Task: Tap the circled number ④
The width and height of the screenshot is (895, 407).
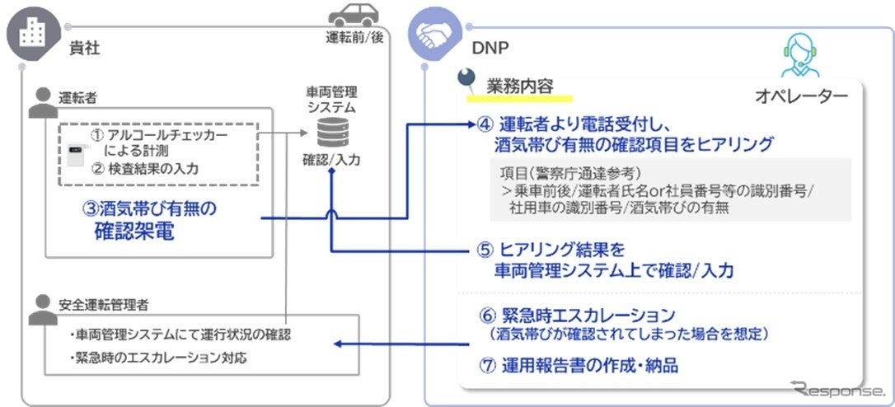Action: pyautogui.click(x=485, y=124)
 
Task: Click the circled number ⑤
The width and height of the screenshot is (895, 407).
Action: pyautogui.click(x=485, y=249)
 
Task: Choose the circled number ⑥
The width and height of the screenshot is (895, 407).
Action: pyautogui.click(x=485, y=316)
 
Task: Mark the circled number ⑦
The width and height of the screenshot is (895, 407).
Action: pyautogui.click(x=485, y=365)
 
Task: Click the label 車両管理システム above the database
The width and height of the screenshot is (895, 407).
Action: pyautogui.click(x=331, y=99)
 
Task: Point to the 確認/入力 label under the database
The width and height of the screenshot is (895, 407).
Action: pyautogui.click(x=331, y=161)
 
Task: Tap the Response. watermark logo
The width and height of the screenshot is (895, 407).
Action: pyautogui.click(x=836, y=389)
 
